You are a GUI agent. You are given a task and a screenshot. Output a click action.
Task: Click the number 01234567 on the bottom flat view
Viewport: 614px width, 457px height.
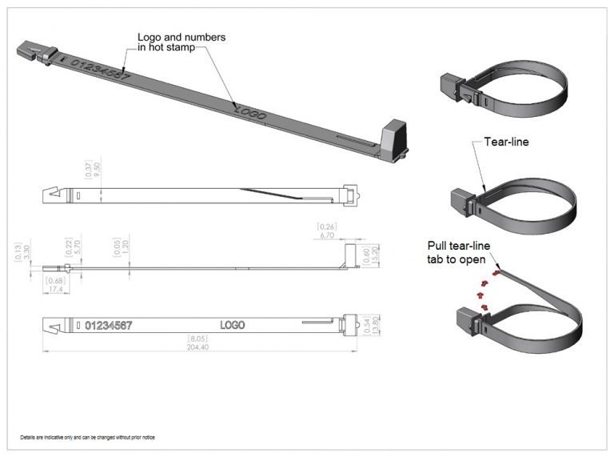108,325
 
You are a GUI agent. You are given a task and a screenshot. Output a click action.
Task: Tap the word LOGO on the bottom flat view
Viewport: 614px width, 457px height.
232,325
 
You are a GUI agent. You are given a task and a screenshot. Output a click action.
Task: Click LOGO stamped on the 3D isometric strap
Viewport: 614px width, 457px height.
250,112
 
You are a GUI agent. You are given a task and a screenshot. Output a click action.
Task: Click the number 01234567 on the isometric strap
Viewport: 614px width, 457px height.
101,70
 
